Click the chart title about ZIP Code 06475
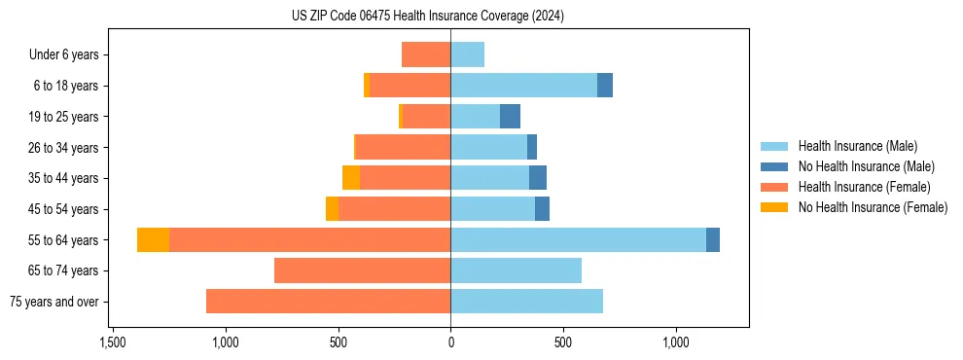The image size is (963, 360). point(428,16)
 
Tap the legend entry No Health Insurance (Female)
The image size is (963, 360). point(872,207)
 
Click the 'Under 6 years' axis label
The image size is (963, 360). point(64,54)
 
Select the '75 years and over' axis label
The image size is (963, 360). point(53,302)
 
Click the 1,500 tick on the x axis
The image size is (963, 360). point(113,343)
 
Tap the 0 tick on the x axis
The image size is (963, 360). point(450,343)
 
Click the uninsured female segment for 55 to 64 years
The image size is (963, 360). point(153,240)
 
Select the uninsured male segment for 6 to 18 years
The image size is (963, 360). point(605,86)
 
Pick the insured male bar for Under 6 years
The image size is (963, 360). point(467,54)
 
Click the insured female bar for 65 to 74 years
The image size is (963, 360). point(362,270)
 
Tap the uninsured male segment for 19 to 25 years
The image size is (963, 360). point(510,117)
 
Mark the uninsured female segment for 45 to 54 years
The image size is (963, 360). point(332,209)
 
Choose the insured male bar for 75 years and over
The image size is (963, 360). point(526,302)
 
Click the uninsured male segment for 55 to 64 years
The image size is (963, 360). point(713,240)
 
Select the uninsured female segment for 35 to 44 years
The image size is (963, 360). point(351,178)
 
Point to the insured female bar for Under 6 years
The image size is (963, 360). point(426,54)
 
